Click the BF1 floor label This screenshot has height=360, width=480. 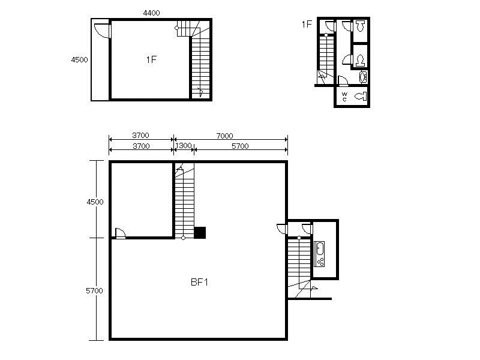point(199,282)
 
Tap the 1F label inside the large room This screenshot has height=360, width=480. point(151,59)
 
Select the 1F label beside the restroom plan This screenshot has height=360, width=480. point(307,24)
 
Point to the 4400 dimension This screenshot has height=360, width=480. point(152,13)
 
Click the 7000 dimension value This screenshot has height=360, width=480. point(224,136)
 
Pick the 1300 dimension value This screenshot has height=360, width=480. point(184,146)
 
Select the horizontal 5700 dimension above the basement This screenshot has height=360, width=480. point(240,146)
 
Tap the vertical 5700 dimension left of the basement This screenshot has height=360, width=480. point(94,290)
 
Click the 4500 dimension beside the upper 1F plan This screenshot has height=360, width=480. point(80,59)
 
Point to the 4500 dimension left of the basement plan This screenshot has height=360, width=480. point(95,202)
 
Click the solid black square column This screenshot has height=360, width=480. point(200,233)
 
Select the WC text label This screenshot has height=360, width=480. point(344,97)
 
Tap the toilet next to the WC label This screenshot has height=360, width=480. point(361,97)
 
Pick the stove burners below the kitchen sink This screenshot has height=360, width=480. point(320,262)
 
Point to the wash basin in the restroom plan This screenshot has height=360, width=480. point(363,77)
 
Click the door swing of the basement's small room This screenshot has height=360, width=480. point(120,233)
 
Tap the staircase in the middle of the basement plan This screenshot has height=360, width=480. point(184,201)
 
